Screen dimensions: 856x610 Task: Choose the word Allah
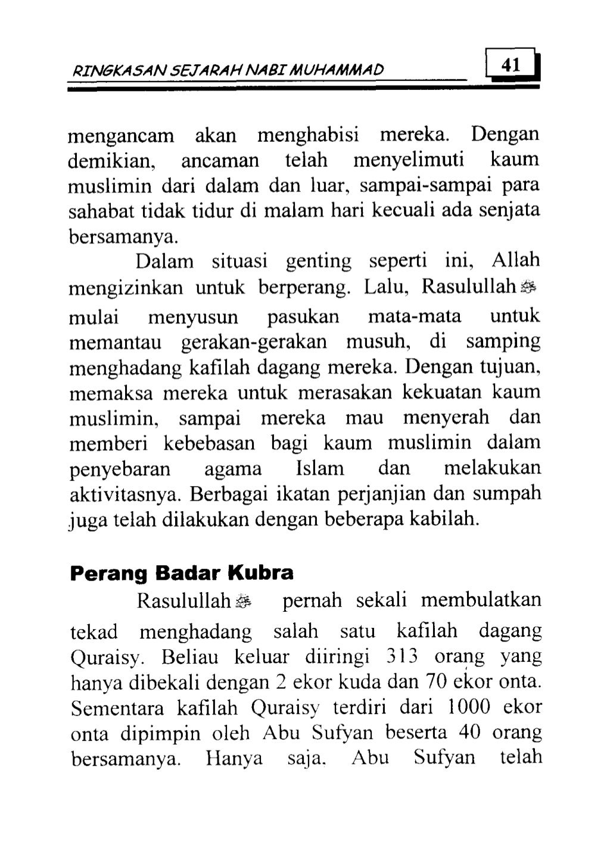[x=516, y=260]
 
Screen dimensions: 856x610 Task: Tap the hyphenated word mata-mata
[x=415, y=316]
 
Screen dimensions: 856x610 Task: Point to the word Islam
[x=320, y=469]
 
